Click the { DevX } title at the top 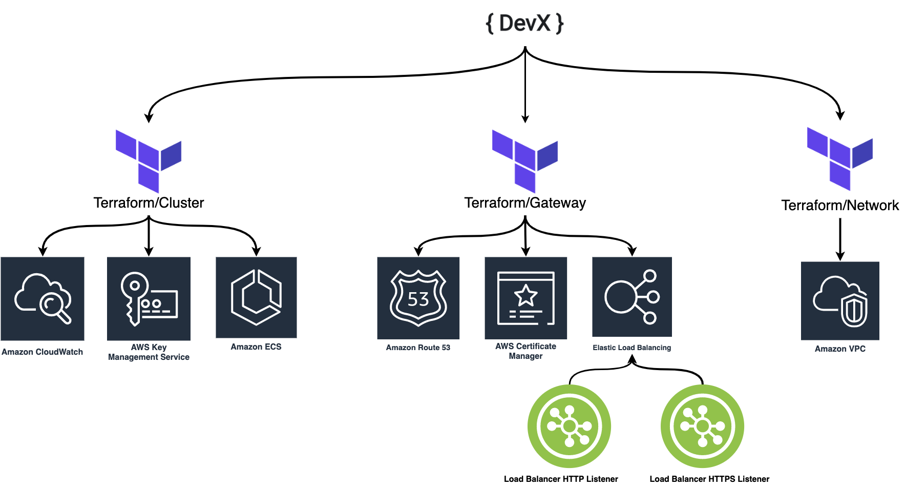pos(524,24)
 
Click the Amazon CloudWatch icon pos(43,299)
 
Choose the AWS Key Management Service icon pos(149,299)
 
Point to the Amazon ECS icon pos(256,297)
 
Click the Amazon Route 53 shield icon pos(418,298)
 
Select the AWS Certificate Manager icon pos(525,298)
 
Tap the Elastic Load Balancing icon pos(632,297)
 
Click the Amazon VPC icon pos(840,301)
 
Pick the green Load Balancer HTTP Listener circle pos(569,426)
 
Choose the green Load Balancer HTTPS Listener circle pos(702,426)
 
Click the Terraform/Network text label pos(840,206)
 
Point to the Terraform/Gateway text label pos(525,203)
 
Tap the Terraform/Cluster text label pos(149,203)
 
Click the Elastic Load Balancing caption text pos(632,348)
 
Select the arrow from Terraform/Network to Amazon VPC pos(840,239)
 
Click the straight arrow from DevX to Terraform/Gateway pos(525,87)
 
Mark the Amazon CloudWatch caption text pos(42,352)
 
